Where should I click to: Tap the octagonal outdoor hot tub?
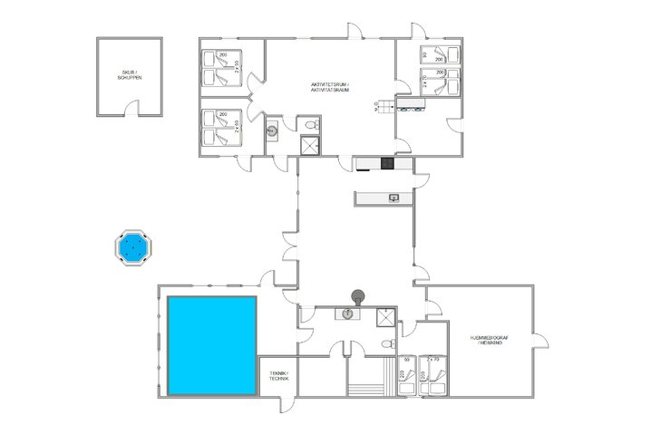[x=133, y=246]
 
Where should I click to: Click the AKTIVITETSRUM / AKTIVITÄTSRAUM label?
[x=329, y=87]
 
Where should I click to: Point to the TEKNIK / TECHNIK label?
[x=278, y=376]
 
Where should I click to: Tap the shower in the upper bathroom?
[x=310, y=146]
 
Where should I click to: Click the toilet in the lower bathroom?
[x=388, y=345]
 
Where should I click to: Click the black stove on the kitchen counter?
[x=385, y=164]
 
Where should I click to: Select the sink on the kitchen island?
[x=394, y=197]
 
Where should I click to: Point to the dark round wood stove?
[x=359, y=294]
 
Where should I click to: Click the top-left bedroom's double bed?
[x=219, y=69]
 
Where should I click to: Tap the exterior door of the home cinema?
[x=543, y=340]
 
